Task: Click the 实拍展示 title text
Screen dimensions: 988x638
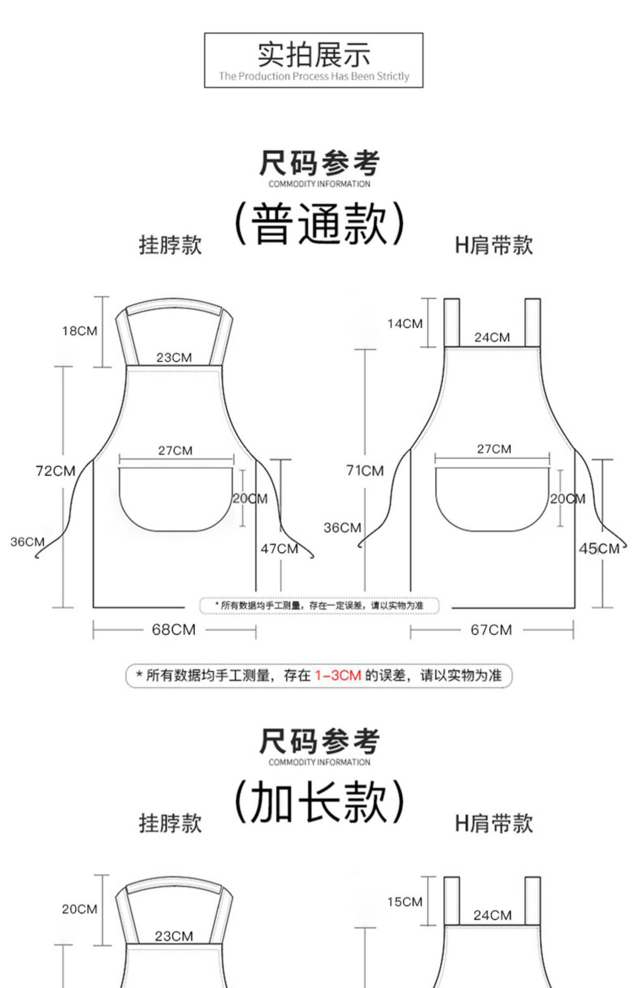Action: click(313, 55)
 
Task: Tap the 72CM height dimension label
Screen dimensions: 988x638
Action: click(55, 471)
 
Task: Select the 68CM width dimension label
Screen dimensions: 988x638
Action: click(173, 630)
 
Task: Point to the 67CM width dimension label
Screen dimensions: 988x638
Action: click(491, 630)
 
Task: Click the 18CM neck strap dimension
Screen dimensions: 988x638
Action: click(79, 331)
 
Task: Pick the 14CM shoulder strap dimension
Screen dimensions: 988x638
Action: click(405, 324)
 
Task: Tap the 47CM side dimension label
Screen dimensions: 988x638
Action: click(279, 549)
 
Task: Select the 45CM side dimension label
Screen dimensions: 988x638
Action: click(599, 549)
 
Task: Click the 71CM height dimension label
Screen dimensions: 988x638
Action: click(365, 470)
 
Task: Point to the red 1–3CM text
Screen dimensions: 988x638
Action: click(338, 675)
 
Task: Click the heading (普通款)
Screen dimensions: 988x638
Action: click(319, 224)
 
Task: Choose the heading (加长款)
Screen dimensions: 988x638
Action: click(319, 802)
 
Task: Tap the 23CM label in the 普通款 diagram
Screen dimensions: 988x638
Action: click(174, 358)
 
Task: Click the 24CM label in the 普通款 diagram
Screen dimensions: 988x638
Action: click(492, 338)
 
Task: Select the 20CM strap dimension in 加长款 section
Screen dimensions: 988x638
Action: click(79, 909)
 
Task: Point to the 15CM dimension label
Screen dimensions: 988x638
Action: click(405, 902)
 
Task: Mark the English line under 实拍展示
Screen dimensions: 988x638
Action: click(313, 77)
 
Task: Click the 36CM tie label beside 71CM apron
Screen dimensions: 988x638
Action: click(342, 527)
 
